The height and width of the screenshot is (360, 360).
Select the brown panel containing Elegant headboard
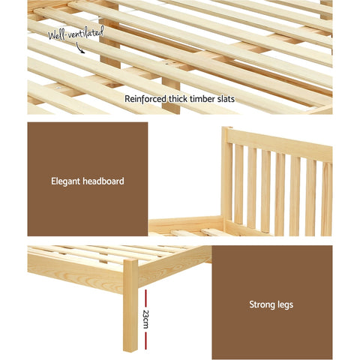pos(87,179)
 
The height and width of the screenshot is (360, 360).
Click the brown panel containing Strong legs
pos(270,303)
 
